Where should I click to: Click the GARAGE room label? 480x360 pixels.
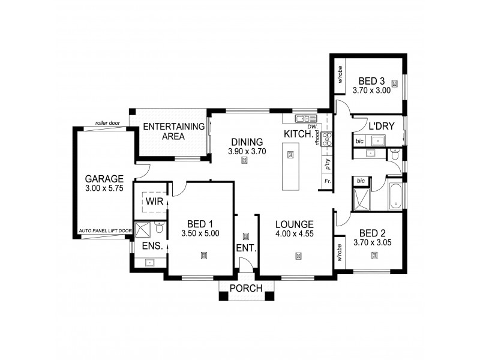(104, 179)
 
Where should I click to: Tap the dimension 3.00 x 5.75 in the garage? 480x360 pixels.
(104, 188)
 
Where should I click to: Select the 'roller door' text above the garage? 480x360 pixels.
(107, 124)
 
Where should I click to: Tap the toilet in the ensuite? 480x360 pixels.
(158, 228)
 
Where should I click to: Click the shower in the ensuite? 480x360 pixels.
(142, 230)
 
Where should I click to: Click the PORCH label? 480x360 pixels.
(246, 289)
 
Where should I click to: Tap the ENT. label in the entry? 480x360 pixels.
(246, 248)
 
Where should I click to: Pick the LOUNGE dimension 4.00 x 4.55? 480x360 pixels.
(295, 235)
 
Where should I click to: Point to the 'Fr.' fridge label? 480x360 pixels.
(328, 181)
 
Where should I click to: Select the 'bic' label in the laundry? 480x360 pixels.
(359, 142)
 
